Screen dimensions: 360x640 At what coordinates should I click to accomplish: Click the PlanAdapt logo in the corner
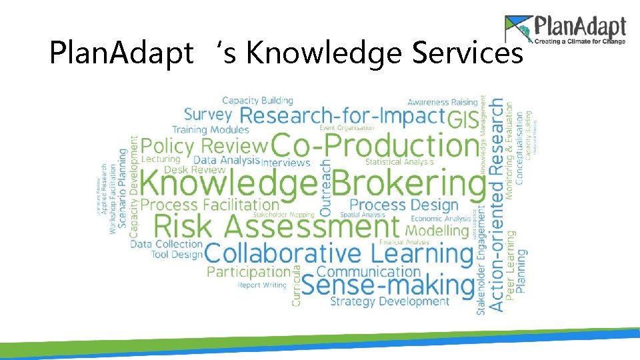(x=565, y=31)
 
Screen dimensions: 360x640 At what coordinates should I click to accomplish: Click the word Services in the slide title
(x=467, y=54)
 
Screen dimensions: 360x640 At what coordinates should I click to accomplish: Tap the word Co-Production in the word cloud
(x=375, y=145)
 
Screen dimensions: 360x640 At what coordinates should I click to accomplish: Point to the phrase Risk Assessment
(x=277, y=227)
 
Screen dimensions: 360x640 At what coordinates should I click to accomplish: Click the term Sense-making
(x=388, y=285)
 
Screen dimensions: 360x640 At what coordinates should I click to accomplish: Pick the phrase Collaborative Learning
(x=339, y=253)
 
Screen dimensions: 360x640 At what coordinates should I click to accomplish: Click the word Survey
(x=207, y=115)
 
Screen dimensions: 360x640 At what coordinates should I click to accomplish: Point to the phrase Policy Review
(x=204, y=145)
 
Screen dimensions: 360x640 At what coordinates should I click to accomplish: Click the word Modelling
(x=437, y=231)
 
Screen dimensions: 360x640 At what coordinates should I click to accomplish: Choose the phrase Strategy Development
(x=390, y=301)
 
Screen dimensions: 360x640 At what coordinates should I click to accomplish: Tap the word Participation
(x=249, y=272)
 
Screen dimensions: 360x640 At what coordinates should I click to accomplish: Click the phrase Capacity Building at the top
(x=257, y=101)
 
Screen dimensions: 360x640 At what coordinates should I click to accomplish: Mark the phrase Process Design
(x=404, y=205)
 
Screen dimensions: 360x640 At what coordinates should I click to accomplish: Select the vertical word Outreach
(x=325, y=187)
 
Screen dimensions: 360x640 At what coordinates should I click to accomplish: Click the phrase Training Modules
(x=211, y=129)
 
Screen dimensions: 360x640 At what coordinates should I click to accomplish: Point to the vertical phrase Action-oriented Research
(x=496, y=203)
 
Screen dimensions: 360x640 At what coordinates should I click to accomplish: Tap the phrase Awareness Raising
(x=443, y=102)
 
